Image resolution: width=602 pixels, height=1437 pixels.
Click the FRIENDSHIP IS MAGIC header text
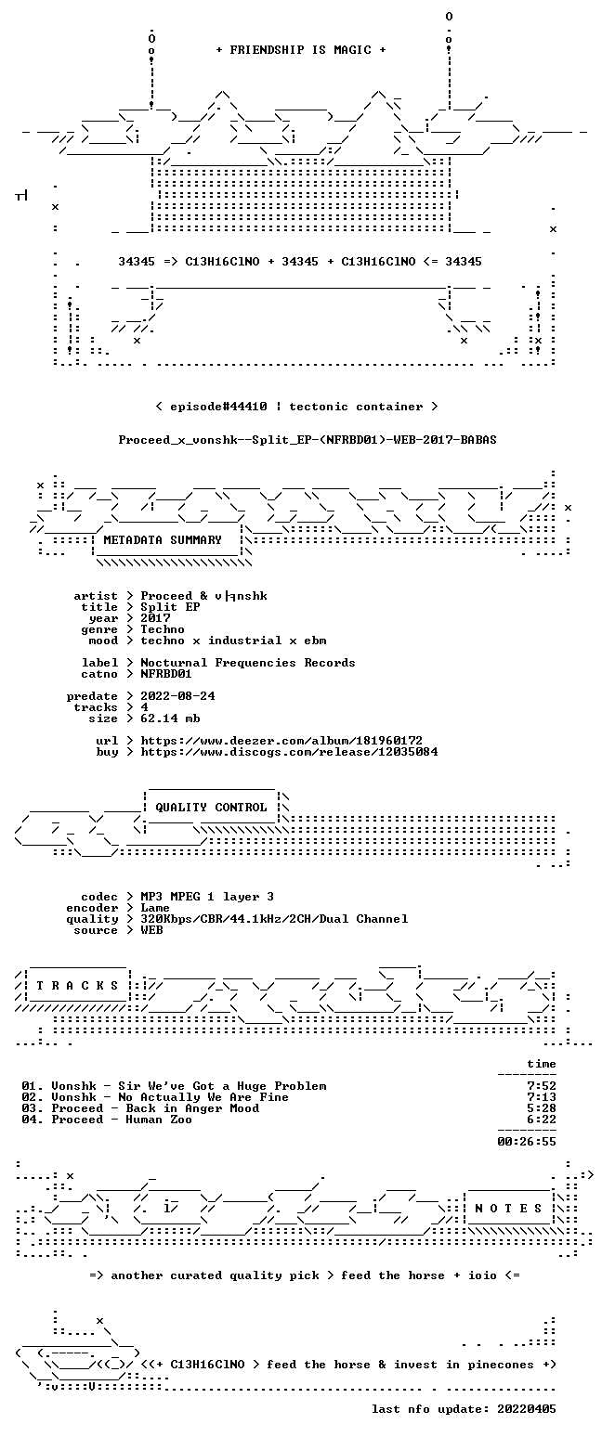point(301,50)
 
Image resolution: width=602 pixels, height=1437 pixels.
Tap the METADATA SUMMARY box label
point(163,540)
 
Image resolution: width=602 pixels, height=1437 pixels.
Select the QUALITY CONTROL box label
point(211,808)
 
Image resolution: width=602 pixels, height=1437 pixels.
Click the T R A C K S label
point(78,986)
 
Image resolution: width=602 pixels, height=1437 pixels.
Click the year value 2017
point(155,618)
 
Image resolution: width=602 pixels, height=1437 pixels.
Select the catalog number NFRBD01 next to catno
point(166,674)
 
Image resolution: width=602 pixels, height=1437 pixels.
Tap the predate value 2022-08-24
point(177,696)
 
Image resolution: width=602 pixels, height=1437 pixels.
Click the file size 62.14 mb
point(170,718)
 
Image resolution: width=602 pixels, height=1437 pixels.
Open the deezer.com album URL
point(281,741)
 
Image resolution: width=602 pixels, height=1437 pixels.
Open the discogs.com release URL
point(289,752)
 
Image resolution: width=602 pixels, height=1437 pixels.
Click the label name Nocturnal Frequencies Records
point(248,663)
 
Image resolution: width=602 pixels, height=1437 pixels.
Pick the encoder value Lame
point(155,909)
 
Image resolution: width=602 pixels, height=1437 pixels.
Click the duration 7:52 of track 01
point(542,1086)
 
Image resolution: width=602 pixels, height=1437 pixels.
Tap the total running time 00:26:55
point(526,1142)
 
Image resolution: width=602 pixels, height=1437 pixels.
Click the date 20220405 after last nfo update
point(526,1409)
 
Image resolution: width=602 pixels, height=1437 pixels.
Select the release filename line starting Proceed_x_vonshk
point(308,440)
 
